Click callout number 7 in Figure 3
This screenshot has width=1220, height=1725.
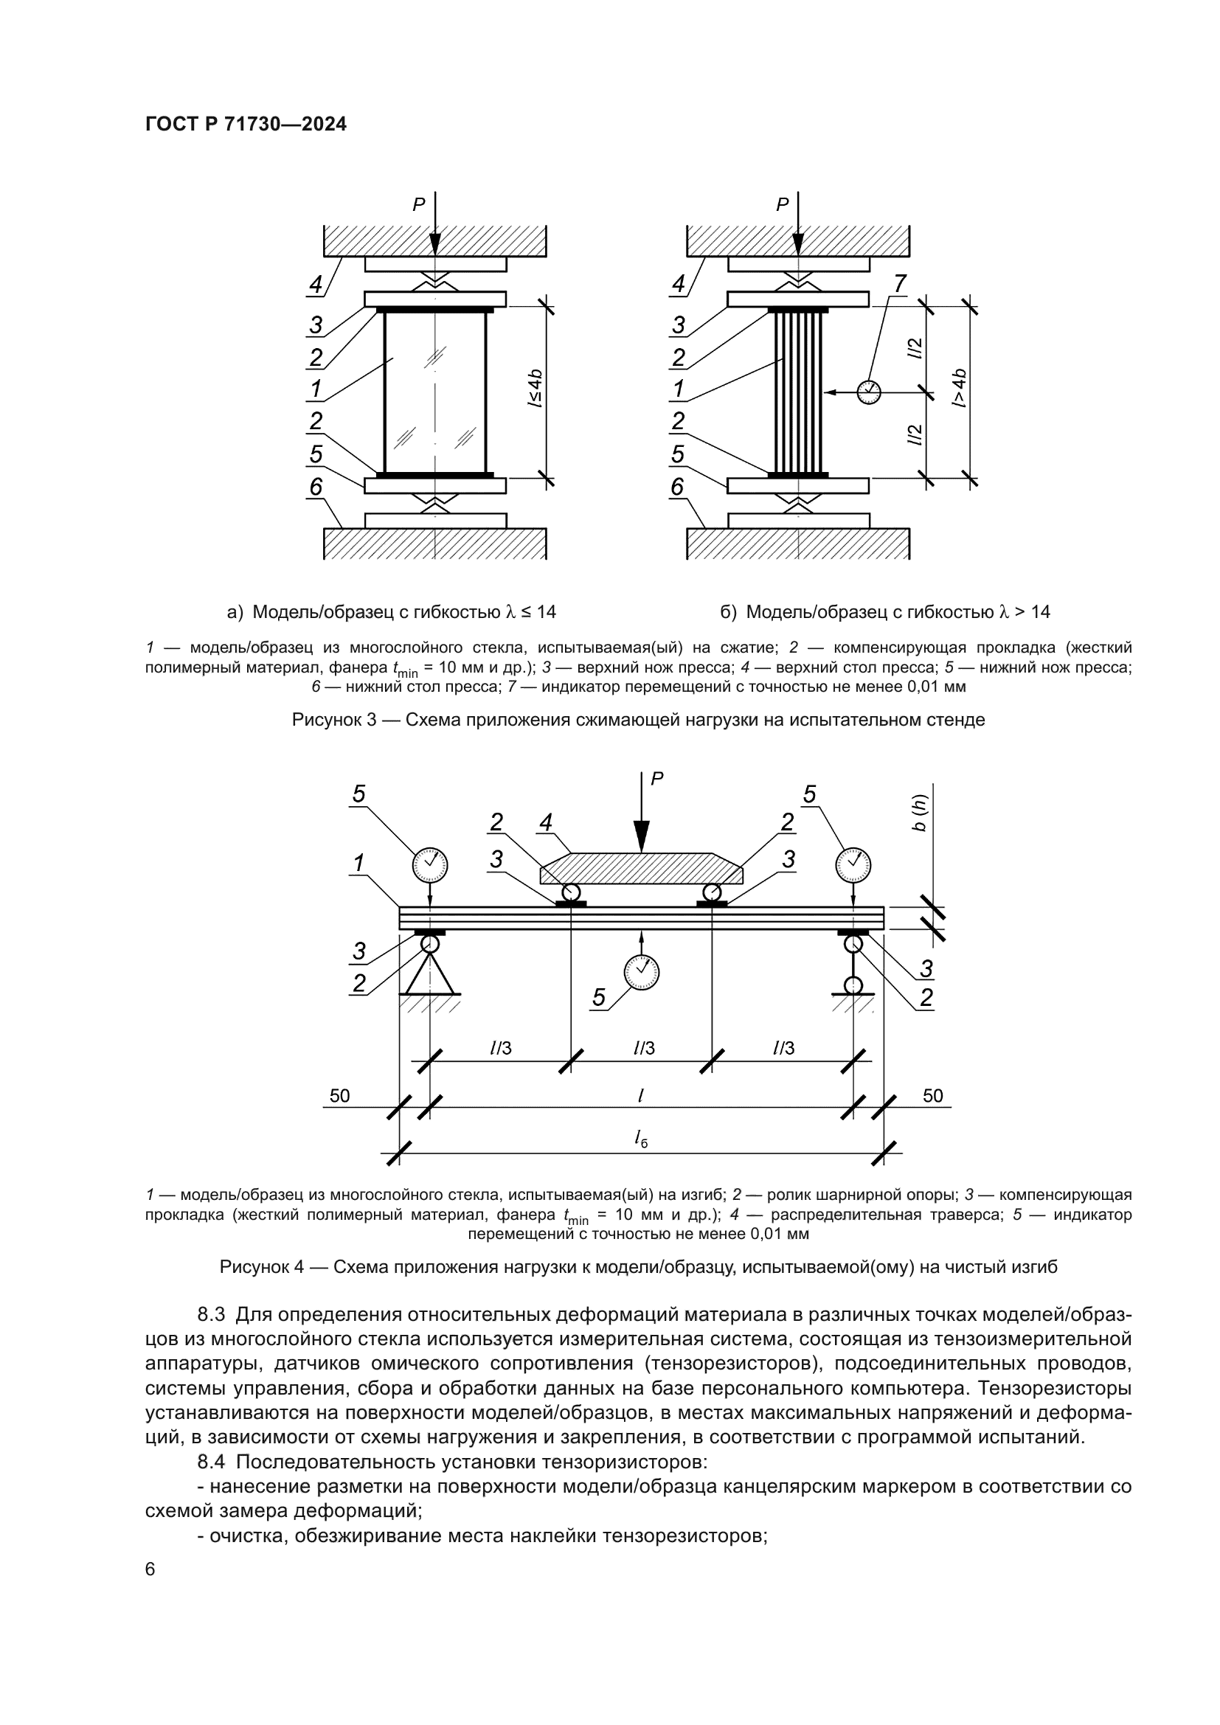[899, 283]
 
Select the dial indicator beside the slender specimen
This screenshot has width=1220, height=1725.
[868, 392]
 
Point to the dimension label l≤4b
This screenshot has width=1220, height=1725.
[534, 389]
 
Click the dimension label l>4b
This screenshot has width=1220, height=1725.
[960, 389]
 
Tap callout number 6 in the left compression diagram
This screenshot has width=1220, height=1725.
[316, 487]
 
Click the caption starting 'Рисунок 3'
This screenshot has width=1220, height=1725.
[638, 720]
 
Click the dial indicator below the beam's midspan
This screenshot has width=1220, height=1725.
[642, 972]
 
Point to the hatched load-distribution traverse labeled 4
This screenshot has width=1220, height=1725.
[642, 870]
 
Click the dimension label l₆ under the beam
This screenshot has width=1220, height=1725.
[640, 1139]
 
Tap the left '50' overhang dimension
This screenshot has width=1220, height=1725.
[339, 1095]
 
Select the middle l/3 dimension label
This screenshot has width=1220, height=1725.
[644, 1048]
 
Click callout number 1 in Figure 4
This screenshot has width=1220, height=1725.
[359, 864]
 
